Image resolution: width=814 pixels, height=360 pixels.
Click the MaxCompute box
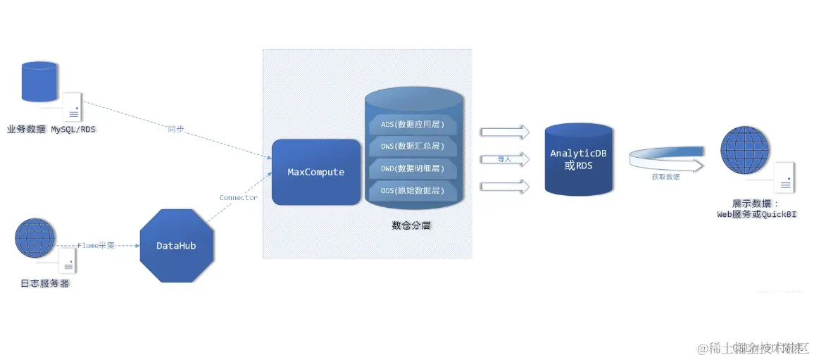pos(316,172)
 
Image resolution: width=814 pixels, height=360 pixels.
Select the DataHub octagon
pos(176,246)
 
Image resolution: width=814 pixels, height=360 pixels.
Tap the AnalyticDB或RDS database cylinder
pos(578,159)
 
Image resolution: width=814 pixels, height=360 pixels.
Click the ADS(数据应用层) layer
pos(413,125)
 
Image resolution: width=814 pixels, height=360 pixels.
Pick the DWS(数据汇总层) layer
pos(413,146)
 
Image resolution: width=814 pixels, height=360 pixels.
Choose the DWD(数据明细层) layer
pos(413,168)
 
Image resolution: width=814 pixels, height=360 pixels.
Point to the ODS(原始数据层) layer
pos(413,190)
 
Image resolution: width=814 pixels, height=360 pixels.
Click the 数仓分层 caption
pos(411,226)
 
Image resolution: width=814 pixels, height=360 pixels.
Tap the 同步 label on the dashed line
pos(176,129)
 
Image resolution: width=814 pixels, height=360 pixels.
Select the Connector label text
pos(238,197)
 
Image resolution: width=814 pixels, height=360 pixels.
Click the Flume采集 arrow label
pos(96,246)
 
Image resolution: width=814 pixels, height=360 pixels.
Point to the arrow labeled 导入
pos(505,159)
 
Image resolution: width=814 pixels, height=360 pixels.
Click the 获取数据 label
pos(665,177)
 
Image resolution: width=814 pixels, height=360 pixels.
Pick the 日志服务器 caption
pos(45,284)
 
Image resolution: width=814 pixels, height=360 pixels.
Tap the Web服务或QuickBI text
pos(756,214)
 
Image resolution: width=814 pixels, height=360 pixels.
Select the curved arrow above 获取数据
pos(665,159)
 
